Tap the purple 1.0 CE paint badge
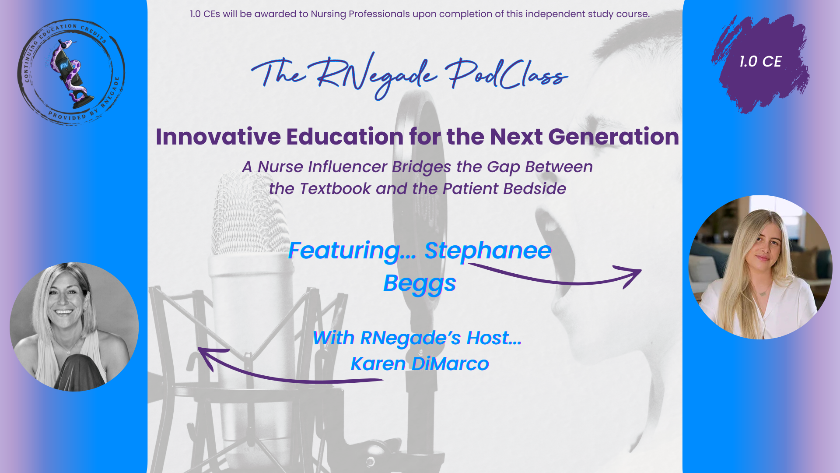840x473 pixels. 760,64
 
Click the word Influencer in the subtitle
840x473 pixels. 347,167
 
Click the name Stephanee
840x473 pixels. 488,251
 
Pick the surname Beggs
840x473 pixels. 420,283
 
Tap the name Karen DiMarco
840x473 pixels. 420,364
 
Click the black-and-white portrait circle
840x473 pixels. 74,327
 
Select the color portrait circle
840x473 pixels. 760,267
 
